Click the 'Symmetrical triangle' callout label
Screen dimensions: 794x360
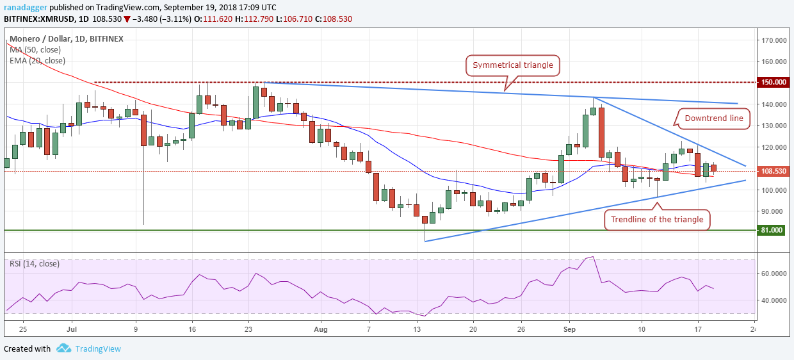click(512, 65)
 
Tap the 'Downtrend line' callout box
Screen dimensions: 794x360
click(713, 119)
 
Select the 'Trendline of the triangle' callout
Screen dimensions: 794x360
click(657, 220)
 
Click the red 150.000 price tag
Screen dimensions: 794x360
click(773, 82)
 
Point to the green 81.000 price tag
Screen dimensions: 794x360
click(772, 230)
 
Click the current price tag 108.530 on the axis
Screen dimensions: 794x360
click(773, 171)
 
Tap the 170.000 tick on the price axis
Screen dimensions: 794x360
click(774, 40)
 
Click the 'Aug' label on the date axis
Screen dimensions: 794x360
click(321, 329)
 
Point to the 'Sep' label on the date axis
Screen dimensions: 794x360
click(569, 329)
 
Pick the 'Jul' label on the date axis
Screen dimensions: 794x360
click(72, 329)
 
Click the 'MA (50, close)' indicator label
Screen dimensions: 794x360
click(35, 50)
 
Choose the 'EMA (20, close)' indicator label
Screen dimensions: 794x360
click(37, 61)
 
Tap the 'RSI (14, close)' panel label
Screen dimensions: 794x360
click(35, 264)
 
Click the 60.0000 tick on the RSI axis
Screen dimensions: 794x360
click(775, 274)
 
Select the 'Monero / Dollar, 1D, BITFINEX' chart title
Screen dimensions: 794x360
click(67, 39)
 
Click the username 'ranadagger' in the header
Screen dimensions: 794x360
click(26, 8)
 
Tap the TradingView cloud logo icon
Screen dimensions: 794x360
click(64, 348)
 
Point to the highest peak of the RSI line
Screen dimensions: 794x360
click(593, 257)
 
